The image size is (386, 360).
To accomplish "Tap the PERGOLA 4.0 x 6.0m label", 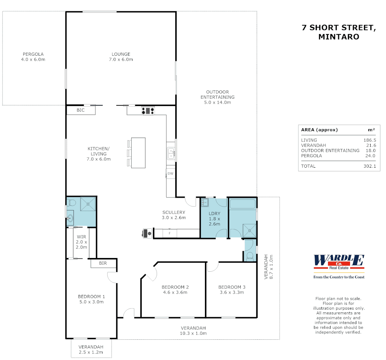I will pos(33,57).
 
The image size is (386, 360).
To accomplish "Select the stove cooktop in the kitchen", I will pos(148,110).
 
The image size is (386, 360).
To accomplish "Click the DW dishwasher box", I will pos(170,174).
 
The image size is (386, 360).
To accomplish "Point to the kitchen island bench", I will pos(138,153).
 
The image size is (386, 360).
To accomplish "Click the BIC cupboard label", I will pos(81,110).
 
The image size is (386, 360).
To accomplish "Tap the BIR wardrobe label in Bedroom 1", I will pos(103,263).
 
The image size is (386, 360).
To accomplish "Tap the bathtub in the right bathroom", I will pos(242,204).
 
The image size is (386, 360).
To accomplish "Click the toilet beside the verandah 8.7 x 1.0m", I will pos(249,256).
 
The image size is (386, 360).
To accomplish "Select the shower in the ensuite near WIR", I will pos(88,204).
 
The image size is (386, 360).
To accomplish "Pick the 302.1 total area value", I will pos(370,166).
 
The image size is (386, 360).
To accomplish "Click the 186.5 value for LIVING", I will pos(370,140).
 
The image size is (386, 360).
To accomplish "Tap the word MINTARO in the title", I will pos(339,37).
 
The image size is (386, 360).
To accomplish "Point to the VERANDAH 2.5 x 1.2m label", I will pos(91,349).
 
